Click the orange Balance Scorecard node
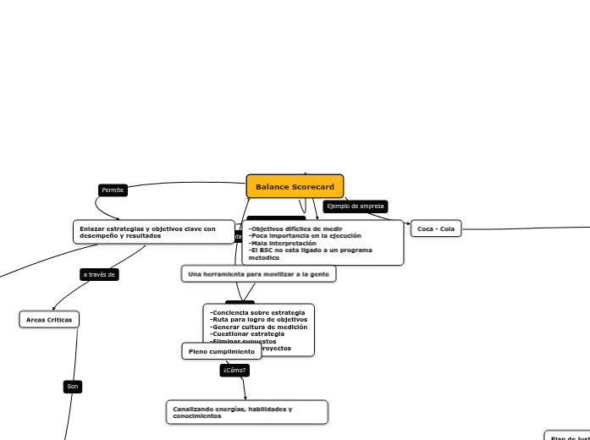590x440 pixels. pyautogui.click(x=295, y=186)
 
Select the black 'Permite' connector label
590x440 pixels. pyautogui.click(x=113, y=190)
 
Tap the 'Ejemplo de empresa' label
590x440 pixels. pyautogui.click(x=355, y=206)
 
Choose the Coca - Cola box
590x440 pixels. pyautogui.click(x=436, y=228)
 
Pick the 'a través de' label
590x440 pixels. pyautogui.click(x=99, y=274)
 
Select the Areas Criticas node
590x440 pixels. pyautogui.click(x=49, y=319)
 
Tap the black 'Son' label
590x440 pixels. pyautogui.click(x=73, y=387)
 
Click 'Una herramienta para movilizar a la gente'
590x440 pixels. pyautogui.click(x=258, y=274)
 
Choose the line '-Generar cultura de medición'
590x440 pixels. pyautogui.click(x=258, y=327)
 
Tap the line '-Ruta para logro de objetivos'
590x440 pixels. pyautogui.click(x=257, y=319)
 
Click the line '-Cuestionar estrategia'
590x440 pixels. pyautogui.click(x=247, y=333)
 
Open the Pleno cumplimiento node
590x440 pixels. pyautogui.click(x=222, y=351)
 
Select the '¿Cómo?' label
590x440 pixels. pyautogui.click(x=234, y=370)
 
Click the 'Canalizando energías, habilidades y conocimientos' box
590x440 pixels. pyautogui.click(x=246, y=412)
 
